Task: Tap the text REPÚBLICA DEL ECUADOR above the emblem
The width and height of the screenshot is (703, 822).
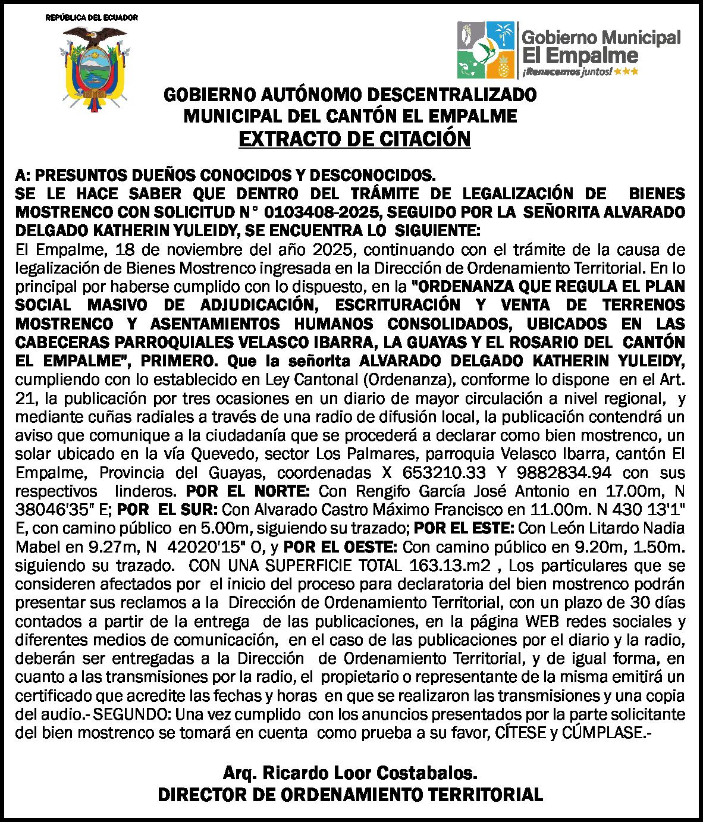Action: pos(92,17)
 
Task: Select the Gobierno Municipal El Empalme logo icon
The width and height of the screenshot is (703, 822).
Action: pos(487,50)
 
